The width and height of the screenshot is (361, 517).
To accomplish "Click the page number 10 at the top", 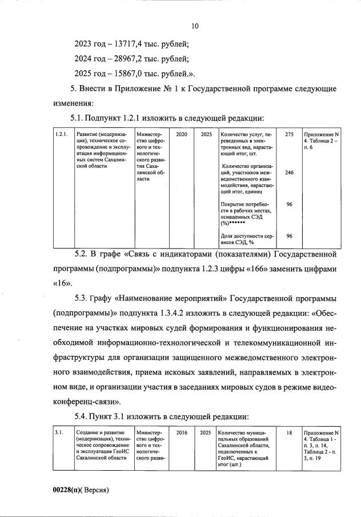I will pos(194,26).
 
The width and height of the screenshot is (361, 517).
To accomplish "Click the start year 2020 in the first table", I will pos(182,134).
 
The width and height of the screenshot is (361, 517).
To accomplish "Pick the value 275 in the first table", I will pos(289,134).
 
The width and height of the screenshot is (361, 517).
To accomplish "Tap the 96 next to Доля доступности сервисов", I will pos(290,235).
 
